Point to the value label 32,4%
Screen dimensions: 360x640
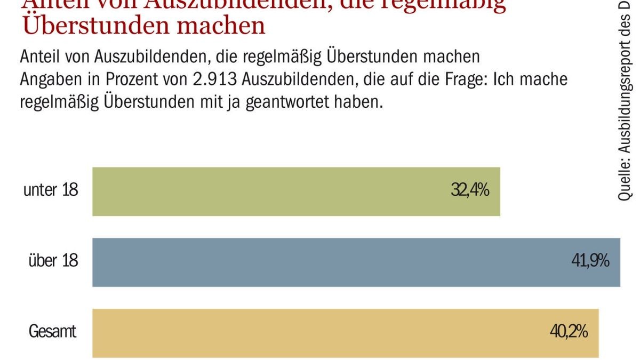point(470,190)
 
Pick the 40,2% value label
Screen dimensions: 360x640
point(569,332)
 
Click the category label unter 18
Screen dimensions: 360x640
point(51,190)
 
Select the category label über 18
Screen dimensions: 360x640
point(53,261)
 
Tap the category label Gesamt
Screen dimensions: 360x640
point(52,332)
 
